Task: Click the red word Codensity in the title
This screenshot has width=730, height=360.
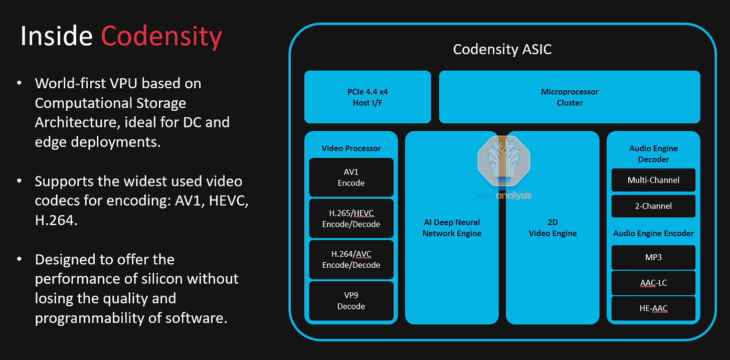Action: pyautogui.click(x=161, y=37)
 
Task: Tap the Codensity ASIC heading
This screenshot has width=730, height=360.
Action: pyautogui.click(x=502, y=50)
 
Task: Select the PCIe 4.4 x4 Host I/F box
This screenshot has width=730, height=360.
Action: pyautogui.click(x=368, y=97)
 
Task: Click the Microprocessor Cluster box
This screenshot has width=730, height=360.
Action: pyautogui.click(x=570, y=97)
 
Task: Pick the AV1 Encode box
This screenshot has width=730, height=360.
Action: pyautogui.click(x=351, y=177)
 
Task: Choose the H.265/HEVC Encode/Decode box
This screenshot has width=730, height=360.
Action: pyautogui.click(x=351, y=219)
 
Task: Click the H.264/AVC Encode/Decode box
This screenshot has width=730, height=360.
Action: pyautogui.click(x=351, y=260)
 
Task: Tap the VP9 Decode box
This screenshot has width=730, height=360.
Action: pyautogui.click(x=351, y=301)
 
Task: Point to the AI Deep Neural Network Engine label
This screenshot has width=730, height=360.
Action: pyautogui.click(x=452, y=228)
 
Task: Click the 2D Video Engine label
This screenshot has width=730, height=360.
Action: pyautogui.click(x=553, y=228)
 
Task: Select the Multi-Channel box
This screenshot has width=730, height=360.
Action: pyautogui.click(x=653, y=180)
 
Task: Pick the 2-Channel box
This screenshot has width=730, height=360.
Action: pyautogui.click(x=653, y=206)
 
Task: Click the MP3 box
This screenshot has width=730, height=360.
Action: pyautogui.click(x=653, y=257)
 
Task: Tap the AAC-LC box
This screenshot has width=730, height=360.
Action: pyautogui.click(x=653, y=283)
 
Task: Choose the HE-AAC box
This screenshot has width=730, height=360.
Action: pyautogui.click(x=653, y=308)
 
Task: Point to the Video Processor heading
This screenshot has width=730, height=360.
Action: pyautogui.click(x=351, y=148)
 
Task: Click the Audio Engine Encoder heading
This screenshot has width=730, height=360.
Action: pyautogui.click(x=653, y=233)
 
